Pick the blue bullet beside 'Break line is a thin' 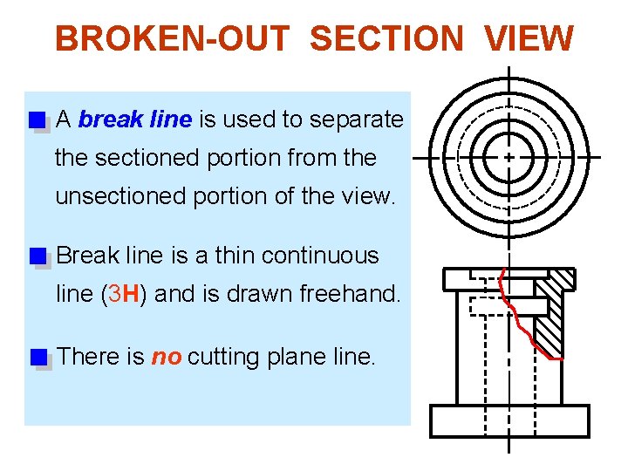click(x=37, y=256)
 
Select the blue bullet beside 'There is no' click(x=37, y=357)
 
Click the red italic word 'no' click(x=167, y=357)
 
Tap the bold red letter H click(x=131, y=294)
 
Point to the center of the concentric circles click(x=509, y=157)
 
